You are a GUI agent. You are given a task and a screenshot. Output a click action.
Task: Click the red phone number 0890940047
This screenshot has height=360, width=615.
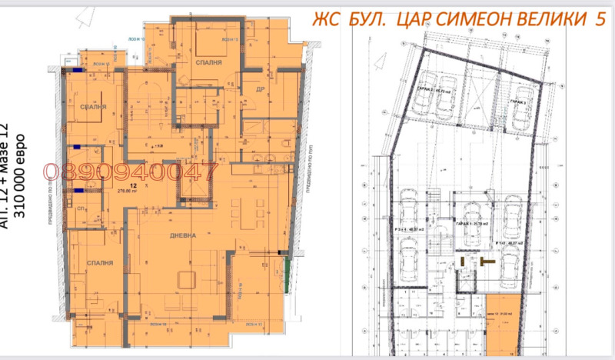[x=121, y=173]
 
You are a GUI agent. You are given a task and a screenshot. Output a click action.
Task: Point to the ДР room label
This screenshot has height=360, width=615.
[x=261, y=88]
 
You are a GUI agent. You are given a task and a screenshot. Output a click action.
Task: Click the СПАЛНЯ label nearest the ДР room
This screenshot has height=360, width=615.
[x=208, y=63]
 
